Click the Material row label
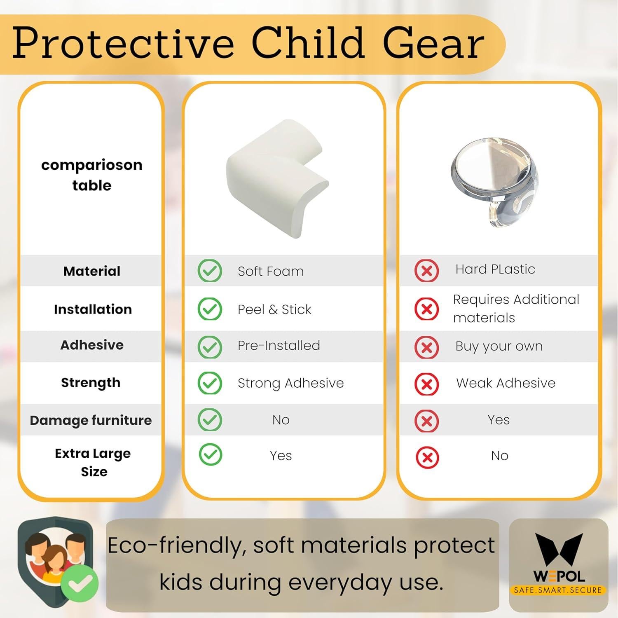(92, 271)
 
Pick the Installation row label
(93, 309)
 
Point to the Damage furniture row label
(91, 420)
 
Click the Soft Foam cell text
(271, 271)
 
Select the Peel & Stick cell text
(274, 309)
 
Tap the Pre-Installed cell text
(279, 345)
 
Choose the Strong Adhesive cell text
(290, 383)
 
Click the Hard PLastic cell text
(495, 269)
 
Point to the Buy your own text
(499, 346)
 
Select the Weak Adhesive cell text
(506, 383)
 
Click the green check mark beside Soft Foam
(210, 271)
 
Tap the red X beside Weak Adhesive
(427, 384)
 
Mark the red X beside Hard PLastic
(427, 271)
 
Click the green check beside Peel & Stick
(210, 309)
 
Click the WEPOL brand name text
(559, 576)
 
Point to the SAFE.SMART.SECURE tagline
(558, 590)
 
